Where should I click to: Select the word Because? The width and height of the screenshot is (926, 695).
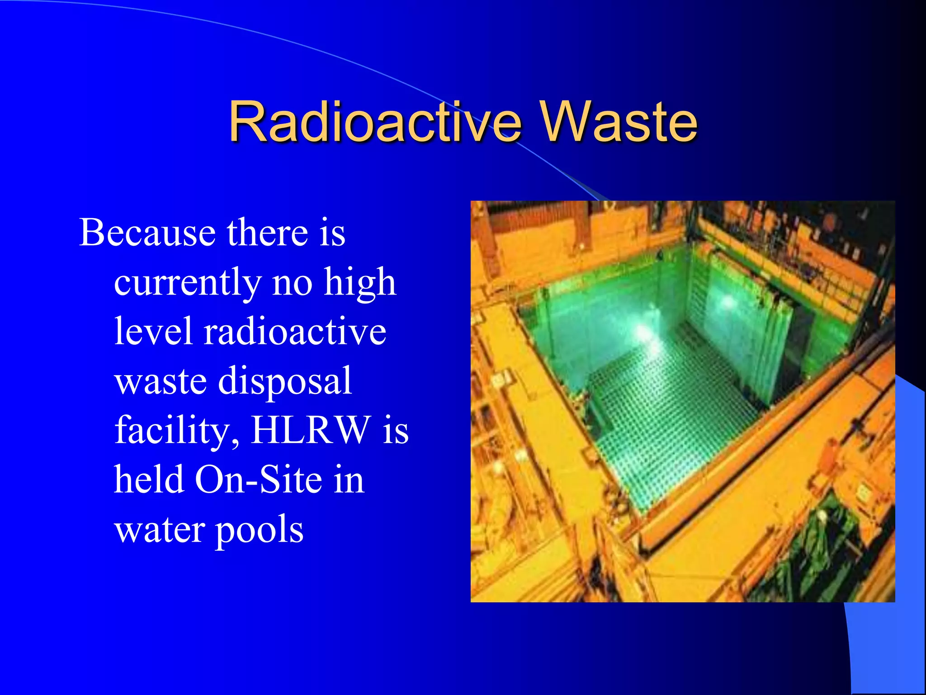pos(147,233)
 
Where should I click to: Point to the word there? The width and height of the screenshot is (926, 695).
pos(267,233)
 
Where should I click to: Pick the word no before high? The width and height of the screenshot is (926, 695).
pos(292,283)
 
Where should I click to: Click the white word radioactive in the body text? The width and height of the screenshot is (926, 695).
pos(295,331)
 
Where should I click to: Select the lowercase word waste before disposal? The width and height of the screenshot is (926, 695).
pos(161,381)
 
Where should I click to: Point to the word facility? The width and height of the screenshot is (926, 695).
pos(177,431)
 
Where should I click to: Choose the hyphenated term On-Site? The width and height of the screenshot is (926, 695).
pos(257,480)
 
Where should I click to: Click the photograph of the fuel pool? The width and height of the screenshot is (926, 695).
pos(683,401)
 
